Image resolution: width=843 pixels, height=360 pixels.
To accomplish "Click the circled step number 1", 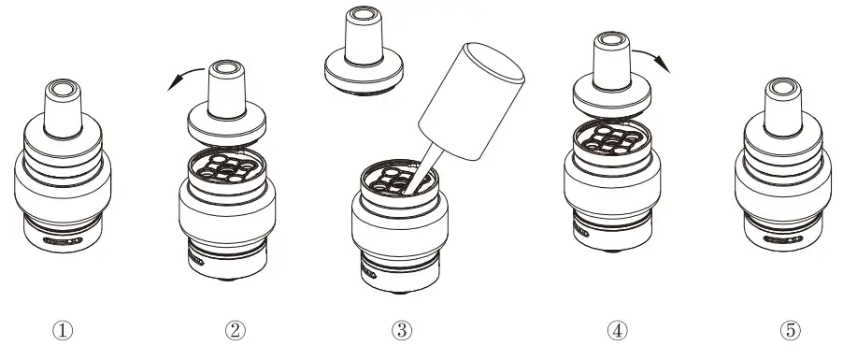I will [x=63, y=329].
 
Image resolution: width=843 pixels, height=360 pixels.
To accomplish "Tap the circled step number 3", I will [x=402, y=329].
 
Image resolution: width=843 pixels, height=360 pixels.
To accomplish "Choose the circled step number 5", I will [x=790, y=329].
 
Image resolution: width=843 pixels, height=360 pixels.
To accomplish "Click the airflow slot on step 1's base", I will [x=63, y=240].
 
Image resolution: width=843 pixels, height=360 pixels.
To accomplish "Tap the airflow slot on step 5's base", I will [x=785, y=240].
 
